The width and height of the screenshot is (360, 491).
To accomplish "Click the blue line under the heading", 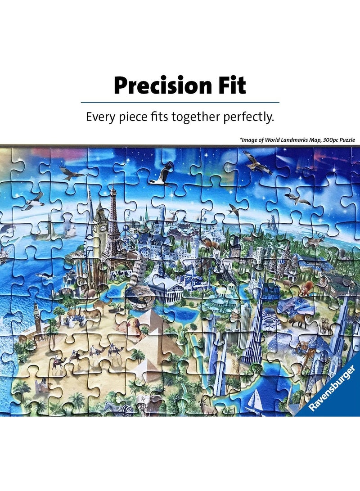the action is pyautogui.click(x=180, y=103).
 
